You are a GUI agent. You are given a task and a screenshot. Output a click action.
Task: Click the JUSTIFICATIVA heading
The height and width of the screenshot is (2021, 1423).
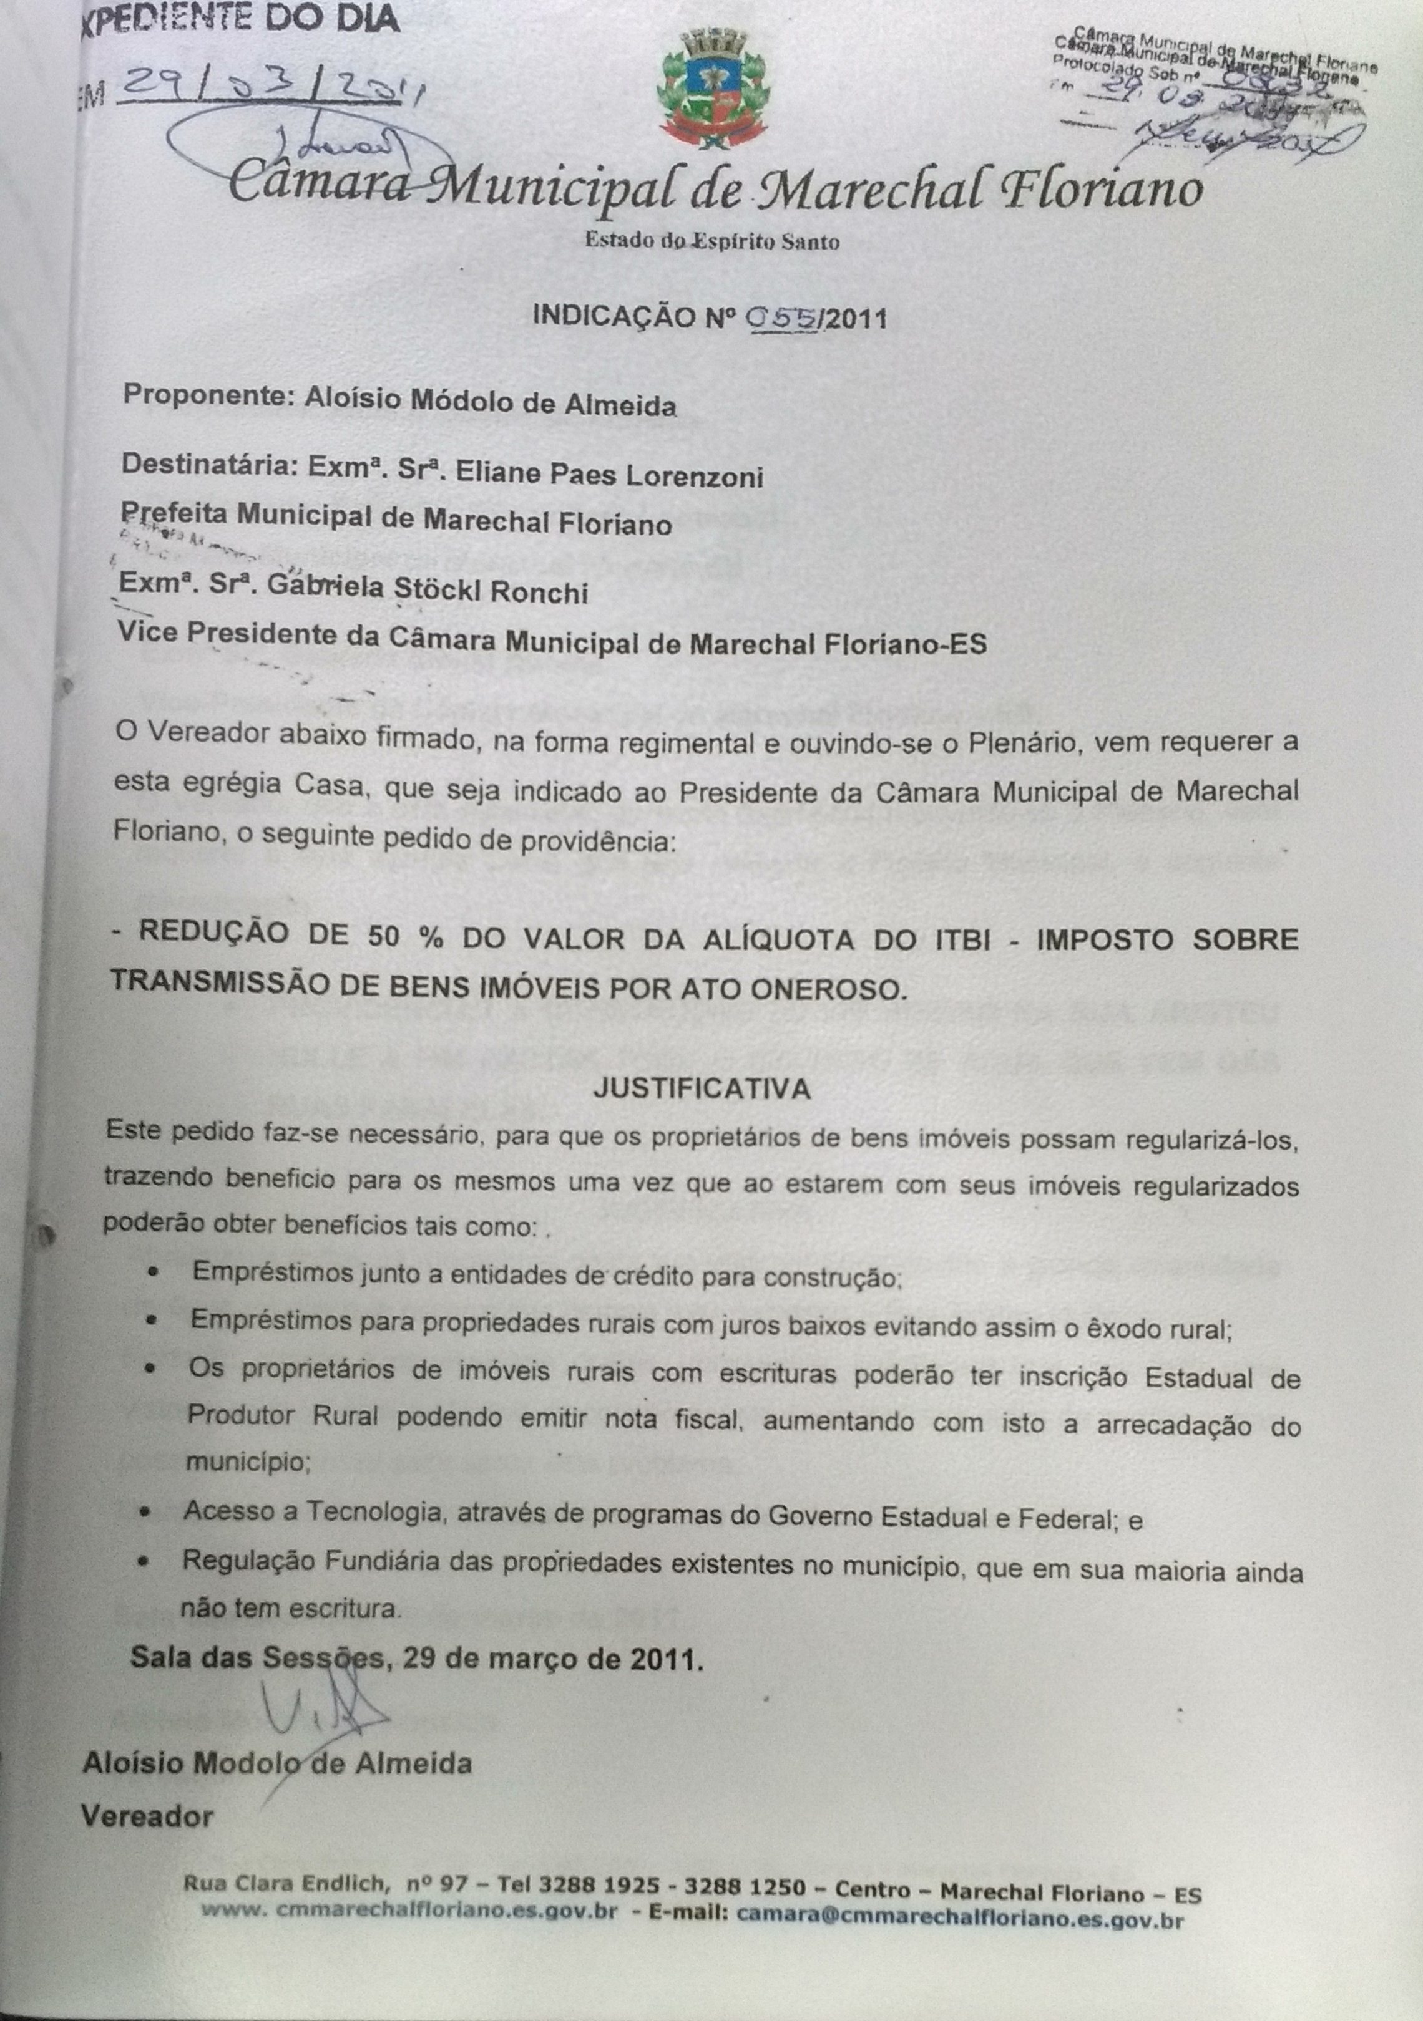click(701, 1089)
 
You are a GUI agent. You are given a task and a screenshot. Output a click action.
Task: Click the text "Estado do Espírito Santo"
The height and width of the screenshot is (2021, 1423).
click(712, 241)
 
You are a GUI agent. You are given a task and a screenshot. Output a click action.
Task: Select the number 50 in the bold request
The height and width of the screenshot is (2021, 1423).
click(381, 936)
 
